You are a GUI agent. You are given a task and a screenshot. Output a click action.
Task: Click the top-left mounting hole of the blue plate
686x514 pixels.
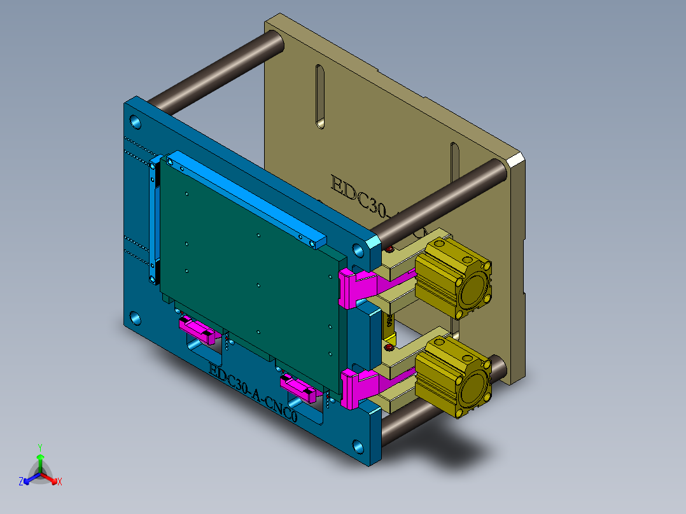[136, 120]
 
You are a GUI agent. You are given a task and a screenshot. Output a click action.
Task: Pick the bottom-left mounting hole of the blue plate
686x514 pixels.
[136, 317]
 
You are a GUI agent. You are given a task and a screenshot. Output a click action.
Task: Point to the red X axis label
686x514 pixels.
[60, 482]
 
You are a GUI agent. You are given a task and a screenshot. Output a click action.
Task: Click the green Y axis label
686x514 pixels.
[39, 447]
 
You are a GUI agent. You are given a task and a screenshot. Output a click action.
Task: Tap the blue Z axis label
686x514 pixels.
[21, 482]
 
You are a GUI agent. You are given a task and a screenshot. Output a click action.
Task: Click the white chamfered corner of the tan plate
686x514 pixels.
[516, 160]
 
